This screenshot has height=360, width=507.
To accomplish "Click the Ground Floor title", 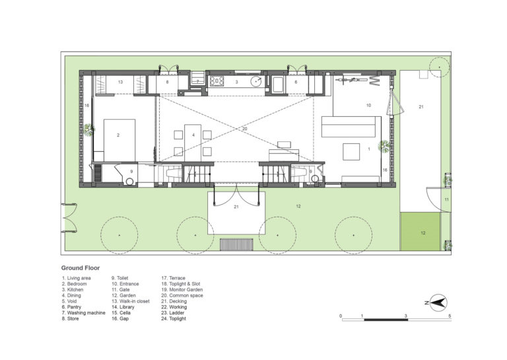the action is tap(81, 268).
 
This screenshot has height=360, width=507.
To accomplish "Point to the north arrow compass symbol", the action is tap(438, 303).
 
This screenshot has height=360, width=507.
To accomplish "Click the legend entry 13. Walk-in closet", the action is tap(131, 301).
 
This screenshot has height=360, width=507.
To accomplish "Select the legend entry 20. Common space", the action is tap(182, 295).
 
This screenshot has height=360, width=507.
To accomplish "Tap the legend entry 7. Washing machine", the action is tap(83, 313).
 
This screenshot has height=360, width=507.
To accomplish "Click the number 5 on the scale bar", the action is tap(450, 316).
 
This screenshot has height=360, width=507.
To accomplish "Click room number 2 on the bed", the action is tap(118, 135).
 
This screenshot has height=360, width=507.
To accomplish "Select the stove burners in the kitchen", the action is tap(217, 81).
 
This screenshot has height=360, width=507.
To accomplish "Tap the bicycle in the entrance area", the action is tap(351, 79).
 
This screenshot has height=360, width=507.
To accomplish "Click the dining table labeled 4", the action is tap(193, 143).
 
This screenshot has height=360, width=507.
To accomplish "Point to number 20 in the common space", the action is tap(244, 129).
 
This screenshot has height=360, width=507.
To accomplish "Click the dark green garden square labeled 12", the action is tap(421, 232).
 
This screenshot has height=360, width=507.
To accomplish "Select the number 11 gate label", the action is tap(446, 199).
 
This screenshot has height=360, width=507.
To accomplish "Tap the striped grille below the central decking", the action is tap(236, 244).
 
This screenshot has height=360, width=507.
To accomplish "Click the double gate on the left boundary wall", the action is tap(69, 218).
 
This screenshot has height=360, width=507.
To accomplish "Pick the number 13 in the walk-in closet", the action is tap(120, 82).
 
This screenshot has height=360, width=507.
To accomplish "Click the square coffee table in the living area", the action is tap(351, 152).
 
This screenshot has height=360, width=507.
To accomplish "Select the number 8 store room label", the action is tap(167, 82).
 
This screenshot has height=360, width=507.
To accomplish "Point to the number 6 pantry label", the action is tap(296, 82).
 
